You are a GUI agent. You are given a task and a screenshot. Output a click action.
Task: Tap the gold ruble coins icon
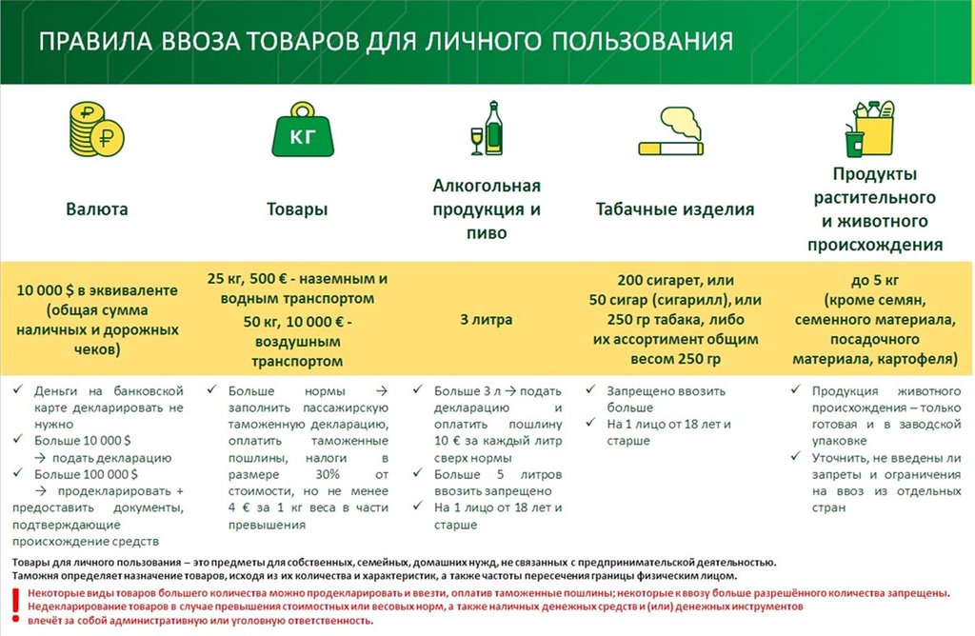point(96,132)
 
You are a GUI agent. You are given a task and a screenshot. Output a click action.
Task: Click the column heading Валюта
point(96,209)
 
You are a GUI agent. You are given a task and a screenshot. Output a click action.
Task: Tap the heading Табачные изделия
point(675,209)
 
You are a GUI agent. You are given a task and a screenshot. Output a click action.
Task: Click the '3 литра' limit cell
point(486,320)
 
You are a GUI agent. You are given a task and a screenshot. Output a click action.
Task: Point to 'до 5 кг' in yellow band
point(874,281)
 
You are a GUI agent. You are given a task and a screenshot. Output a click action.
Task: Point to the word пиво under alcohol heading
point(486,232)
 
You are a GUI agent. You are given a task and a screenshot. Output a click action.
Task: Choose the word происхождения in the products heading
point(875,244)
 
